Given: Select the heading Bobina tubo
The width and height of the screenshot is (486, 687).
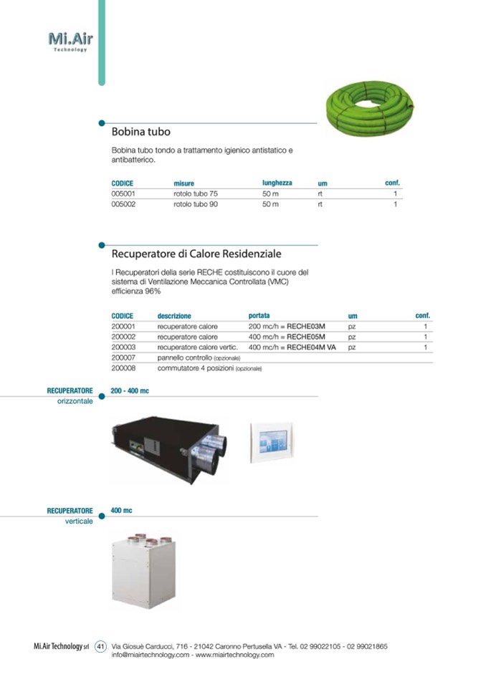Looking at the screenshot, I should pos(141,133).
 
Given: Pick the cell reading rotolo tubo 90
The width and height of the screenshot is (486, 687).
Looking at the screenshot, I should pos(196,204).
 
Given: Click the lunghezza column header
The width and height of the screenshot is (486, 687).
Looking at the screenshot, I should pos(277,183).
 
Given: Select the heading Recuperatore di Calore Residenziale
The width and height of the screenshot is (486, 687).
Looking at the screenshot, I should pos(196,254).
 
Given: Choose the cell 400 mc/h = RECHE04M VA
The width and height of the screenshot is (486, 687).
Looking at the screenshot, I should pos(292,347).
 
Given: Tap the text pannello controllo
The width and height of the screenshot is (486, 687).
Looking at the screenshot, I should pos(185,357).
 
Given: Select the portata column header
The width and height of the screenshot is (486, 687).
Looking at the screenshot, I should pos(259,315).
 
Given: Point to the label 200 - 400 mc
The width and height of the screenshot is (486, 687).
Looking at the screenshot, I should pos(130,390).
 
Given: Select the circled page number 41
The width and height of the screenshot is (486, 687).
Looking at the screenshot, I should pos(100,646).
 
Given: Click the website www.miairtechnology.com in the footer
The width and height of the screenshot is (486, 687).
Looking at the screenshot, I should pos(234,655).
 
